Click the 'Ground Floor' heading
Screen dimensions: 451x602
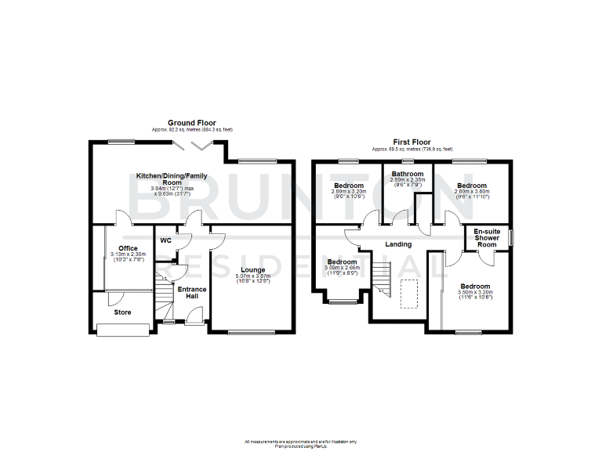click(192, 123)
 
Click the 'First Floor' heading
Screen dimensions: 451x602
click(411, 143)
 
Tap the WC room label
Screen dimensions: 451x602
click(165, 240)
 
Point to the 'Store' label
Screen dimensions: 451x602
click(122, 312)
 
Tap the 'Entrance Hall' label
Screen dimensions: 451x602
click(191, 292)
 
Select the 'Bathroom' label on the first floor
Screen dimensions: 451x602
click(408, 174)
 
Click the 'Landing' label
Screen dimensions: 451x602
click(398, 244)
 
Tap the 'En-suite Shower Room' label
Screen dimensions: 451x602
click(488, 238)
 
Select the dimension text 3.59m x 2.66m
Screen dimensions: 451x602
click(342, 269)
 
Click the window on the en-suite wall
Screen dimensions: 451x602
click(510, 237)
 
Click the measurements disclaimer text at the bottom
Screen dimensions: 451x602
click(301, 442)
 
